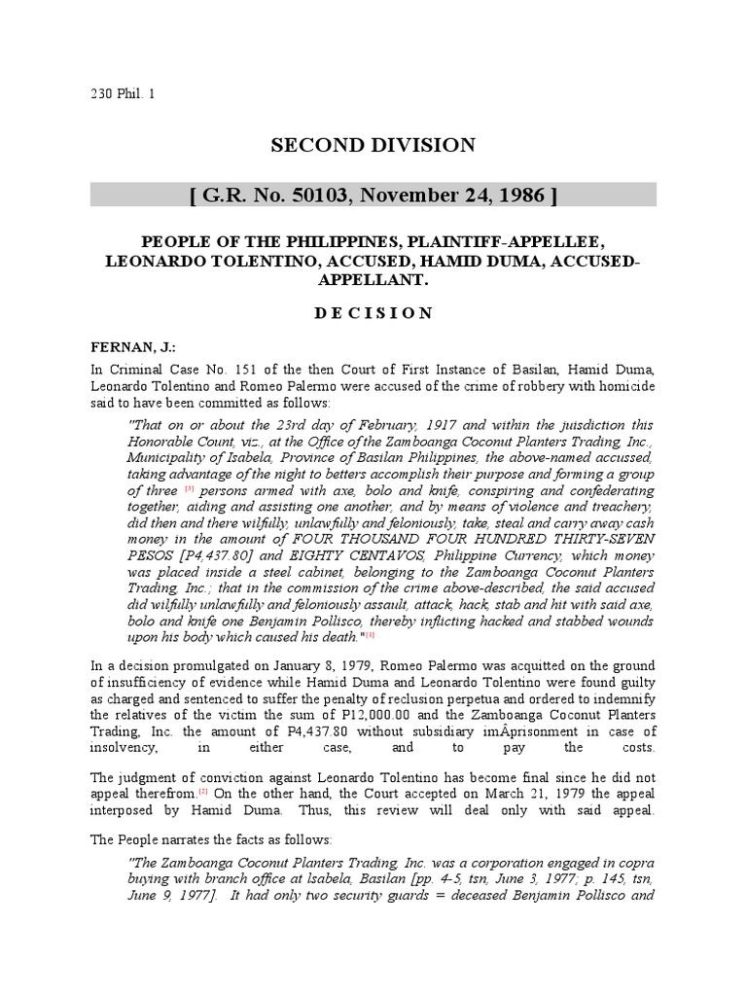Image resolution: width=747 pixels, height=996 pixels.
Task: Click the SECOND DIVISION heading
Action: coord(373,146)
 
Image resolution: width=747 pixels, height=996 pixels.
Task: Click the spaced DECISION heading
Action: coord(373,312)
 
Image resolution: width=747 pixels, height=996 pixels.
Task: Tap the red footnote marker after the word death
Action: coord(370,634)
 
